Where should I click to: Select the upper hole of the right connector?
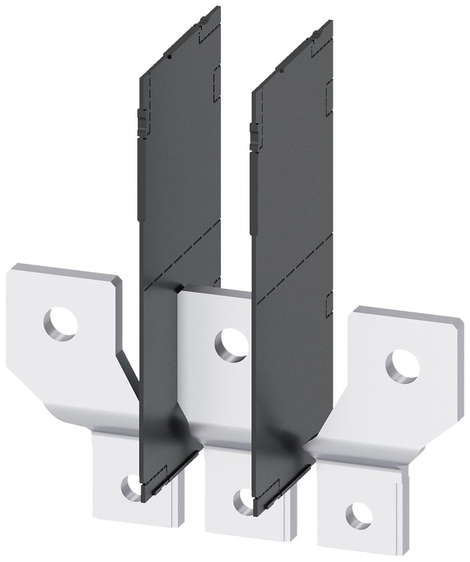[403, 366]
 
